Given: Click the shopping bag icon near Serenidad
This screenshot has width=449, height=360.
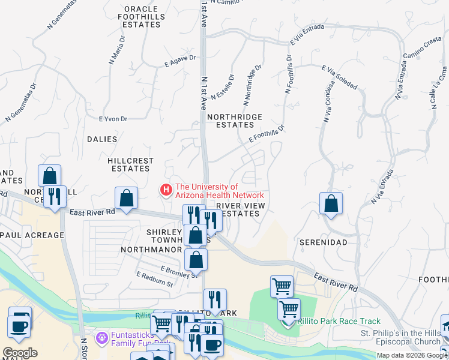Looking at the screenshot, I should coord(331,204).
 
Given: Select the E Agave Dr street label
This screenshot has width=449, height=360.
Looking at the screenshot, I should coord(180,58).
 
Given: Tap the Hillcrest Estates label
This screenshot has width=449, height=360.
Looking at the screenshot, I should coord(130,165).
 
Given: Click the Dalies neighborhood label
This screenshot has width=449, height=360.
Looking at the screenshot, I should coord(102,139).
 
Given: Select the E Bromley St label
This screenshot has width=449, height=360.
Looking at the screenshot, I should coord(178,271).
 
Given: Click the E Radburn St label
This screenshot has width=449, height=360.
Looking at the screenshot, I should coord(155,279).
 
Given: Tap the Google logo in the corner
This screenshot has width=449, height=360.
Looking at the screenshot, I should coord(20,352).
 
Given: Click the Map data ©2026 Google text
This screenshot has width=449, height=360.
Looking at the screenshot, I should coord(412,355).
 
